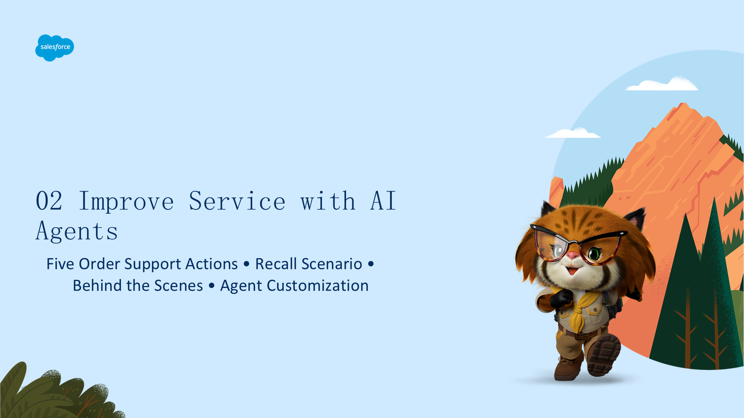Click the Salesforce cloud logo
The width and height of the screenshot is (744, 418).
coord(55,48)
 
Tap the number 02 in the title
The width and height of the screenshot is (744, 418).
coord(49,201)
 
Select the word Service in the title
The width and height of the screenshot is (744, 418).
coord(237,201)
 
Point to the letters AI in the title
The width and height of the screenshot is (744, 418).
coord(383,201)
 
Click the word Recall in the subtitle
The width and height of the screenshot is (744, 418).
coord(276,264)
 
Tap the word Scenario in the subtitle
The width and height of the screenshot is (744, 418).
coord(332,264)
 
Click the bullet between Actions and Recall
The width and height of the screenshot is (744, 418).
coord(246,264)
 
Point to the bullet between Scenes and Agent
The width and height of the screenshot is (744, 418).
coord(212,286)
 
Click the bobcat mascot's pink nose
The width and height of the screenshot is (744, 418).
coord(573,255)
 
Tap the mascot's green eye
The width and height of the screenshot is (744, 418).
coord(594,254)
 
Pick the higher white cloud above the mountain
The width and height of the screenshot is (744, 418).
coord(661,84)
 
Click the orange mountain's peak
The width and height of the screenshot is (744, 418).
coord(684,104)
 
